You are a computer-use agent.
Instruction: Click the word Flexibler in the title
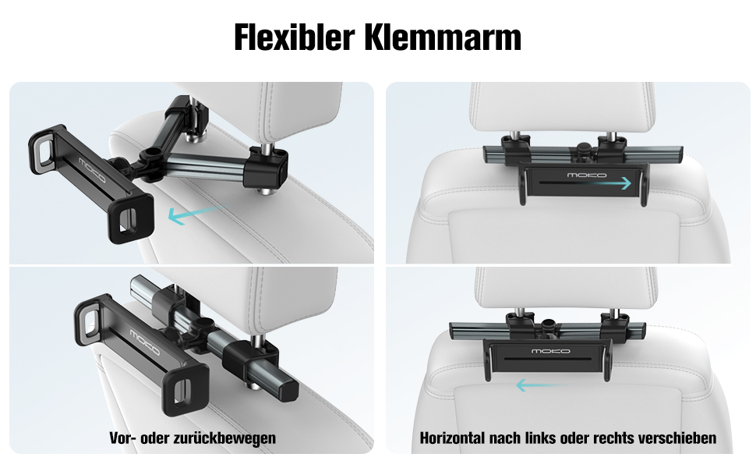click(x=294, y=37)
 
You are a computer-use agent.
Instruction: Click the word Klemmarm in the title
click(x=443, y=37)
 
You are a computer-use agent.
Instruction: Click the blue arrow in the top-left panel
click(x=198, y=214)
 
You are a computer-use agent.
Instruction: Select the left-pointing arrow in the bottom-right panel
click(x=537, y=385)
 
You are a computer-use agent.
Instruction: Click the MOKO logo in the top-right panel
click(x=587, y=175)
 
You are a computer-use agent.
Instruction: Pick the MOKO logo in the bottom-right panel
click(x=550, y=351)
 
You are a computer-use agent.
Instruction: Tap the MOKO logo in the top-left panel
click(x=93, y=170)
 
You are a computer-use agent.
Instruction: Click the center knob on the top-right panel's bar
click(x=584, y=147)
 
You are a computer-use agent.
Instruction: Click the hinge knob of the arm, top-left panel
click(x=151, y=154)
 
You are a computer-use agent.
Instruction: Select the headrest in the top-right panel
click(x=563, y=107)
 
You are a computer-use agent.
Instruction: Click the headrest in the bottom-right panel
click(x=565, y=289)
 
